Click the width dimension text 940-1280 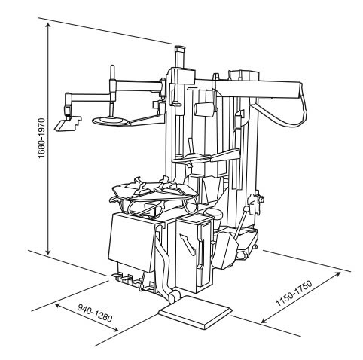(94, 315)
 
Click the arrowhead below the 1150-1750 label (264, 322)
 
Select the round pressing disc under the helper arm (110, 120)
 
